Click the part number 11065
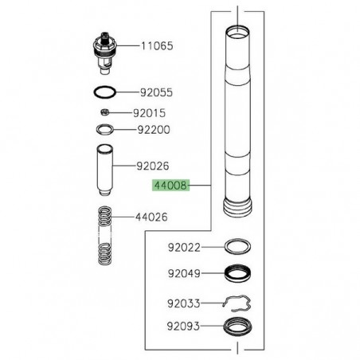point(159,47)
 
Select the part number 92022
point(186,247)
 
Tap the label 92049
point(186,274)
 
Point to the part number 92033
point(186,302)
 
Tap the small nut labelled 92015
point(105,112)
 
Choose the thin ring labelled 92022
point(239,248)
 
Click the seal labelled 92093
point(239,326)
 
